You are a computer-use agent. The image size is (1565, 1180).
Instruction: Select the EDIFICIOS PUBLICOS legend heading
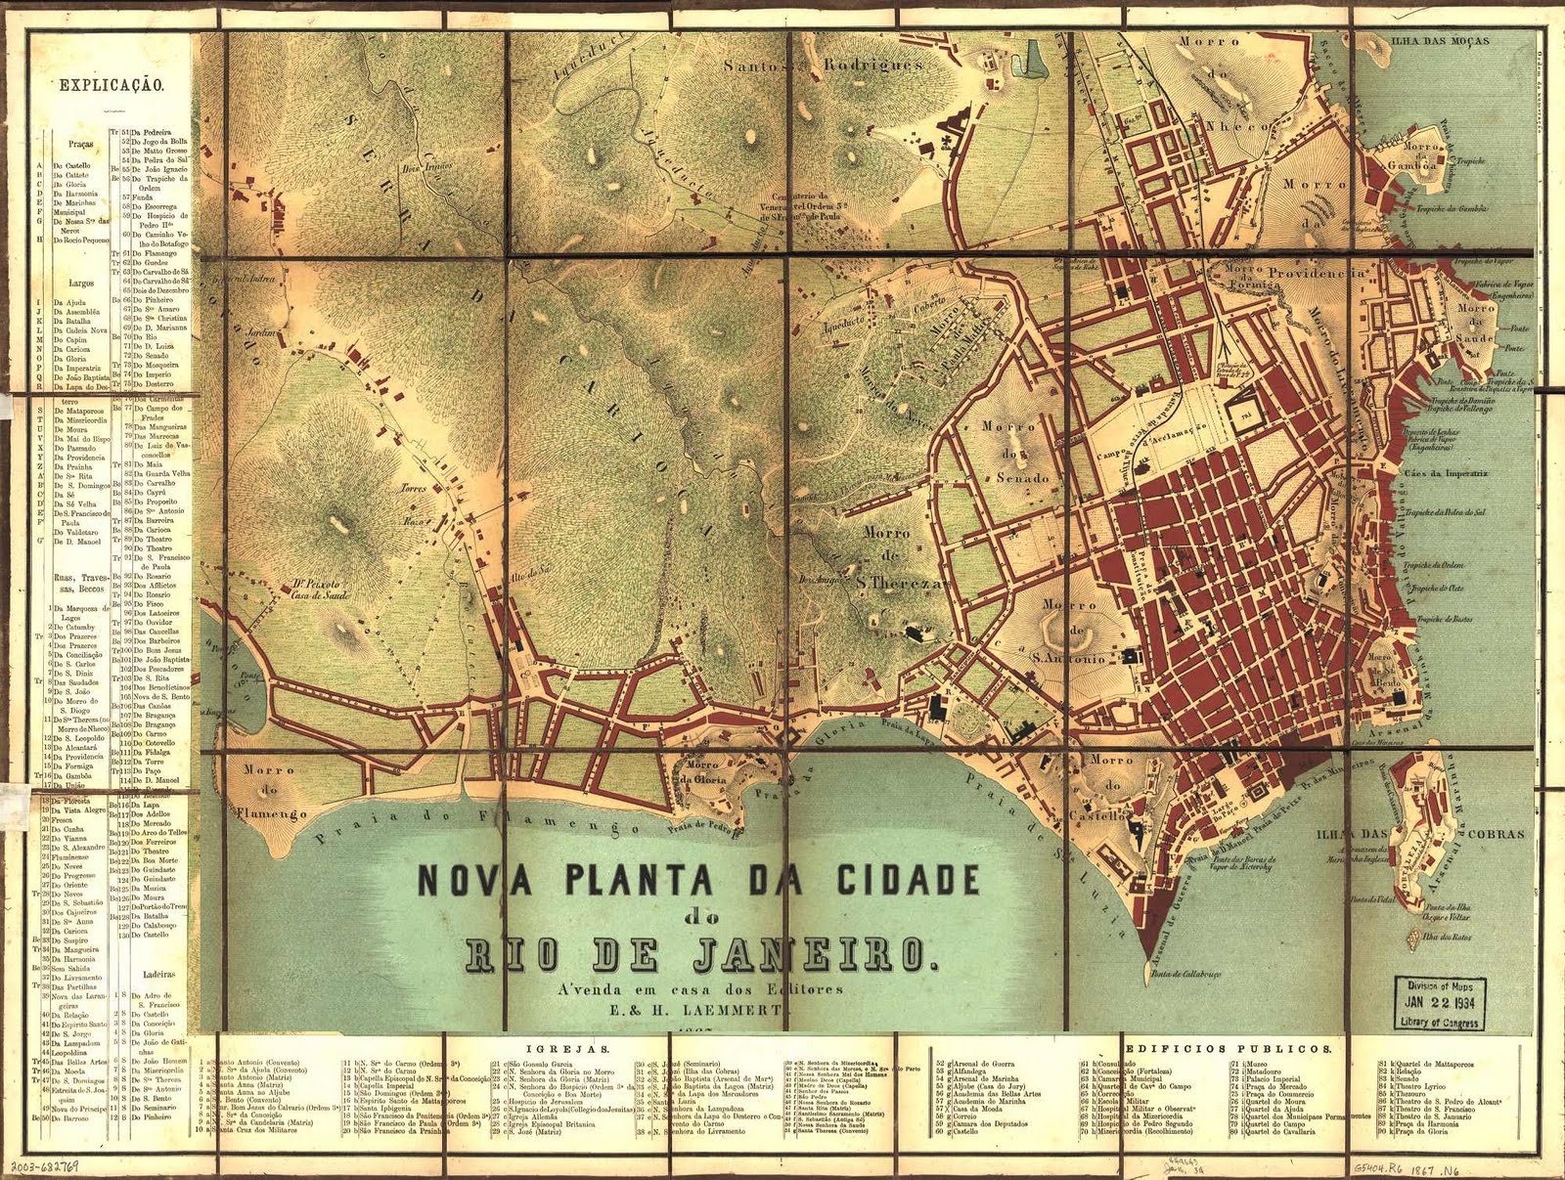point(1229,1047)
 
